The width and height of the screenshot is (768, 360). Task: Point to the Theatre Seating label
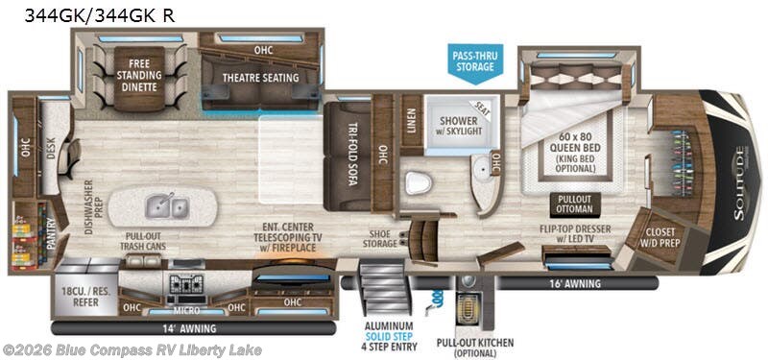[x=260, y=78]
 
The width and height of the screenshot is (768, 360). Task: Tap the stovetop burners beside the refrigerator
[x=181, y=284]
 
